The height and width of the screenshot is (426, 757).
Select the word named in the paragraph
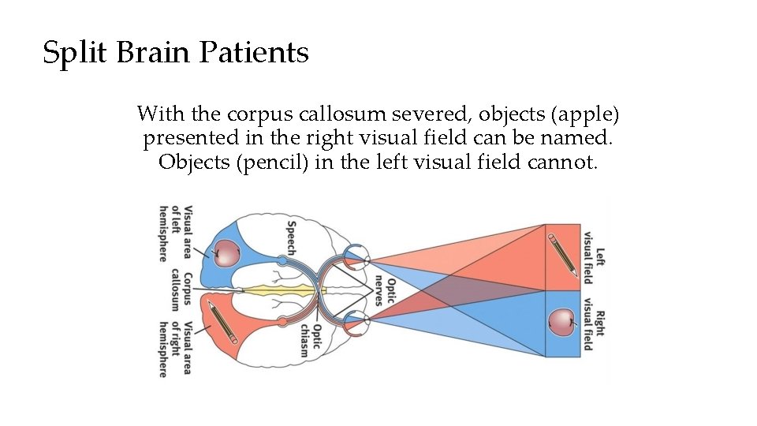581,138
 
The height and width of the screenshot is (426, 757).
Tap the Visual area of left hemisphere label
176,234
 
